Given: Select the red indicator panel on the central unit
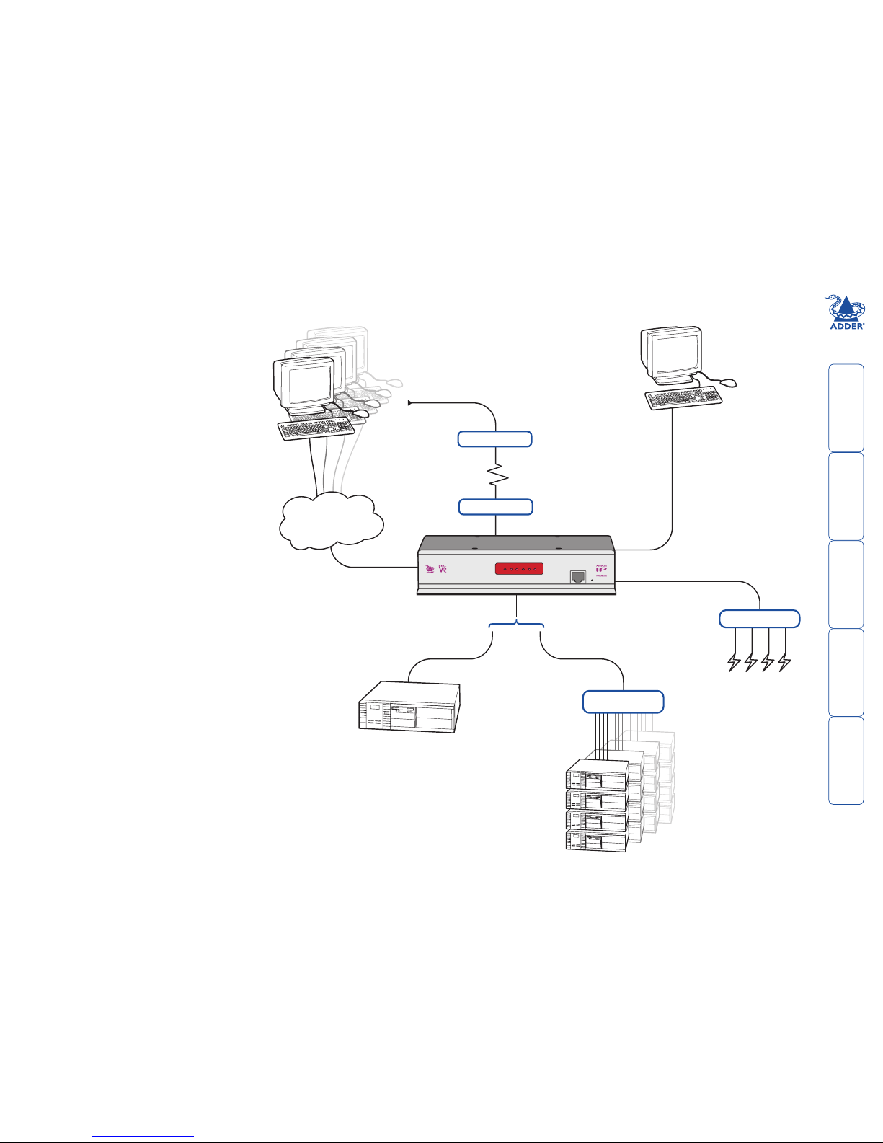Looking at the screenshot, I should [519, 570].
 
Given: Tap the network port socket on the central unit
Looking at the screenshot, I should [578, 577].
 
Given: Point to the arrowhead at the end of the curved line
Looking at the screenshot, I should [411, 402].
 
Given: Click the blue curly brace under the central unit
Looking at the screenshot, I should [517, 625].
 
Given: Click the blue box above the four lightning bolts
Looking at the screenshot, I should [760, 618].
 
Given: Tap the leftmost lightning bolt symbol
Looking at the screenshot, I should [735, 662].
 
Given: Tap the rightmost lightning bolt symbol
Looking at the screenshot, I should [785, 662].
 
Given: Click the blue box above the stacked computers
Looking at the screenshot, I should [623, 701].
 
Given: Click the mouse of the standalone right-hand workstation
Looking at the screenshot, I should [728, 382].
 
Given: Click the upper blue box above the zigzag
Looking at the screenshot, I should [495, 438].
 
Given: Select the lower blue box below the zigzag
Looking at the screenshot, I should [495, 507].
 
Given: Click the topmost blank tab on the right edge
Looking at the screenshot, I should [846, 408].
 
